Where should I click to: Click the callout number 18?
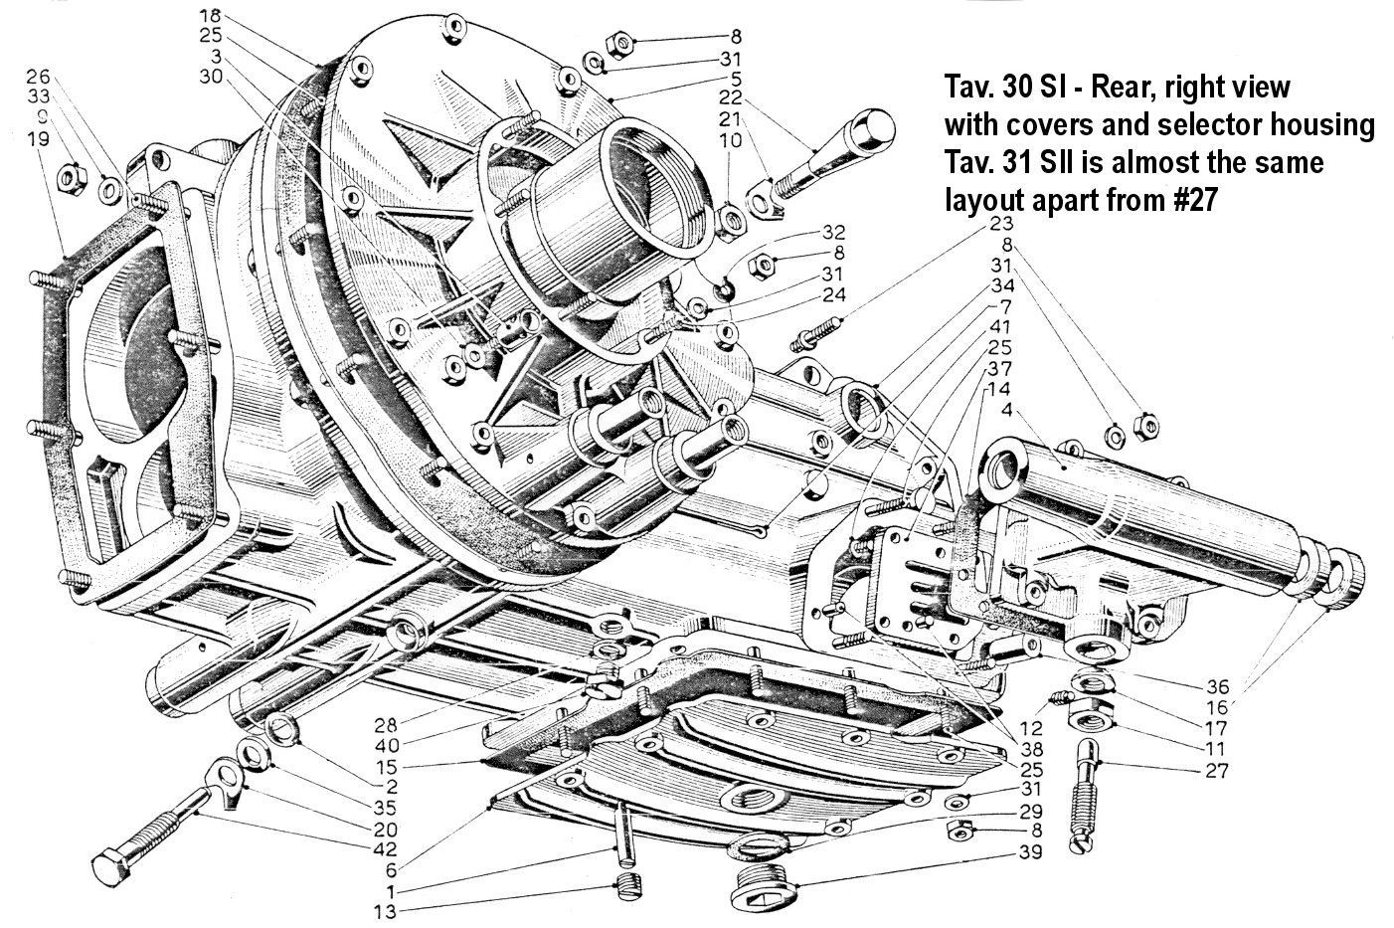211,15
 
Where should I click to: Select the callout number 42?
385,849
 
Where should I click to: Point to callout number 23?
1002,223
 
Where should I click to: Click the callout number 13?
385,912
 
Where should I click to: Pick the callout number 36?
1218,686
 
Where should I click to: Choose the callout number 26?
38,77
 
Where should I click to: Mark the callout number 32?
834,232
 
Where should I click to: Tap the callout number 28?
386,725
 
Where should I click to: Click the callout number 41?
1000,327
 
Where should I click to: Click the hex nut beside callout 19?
73,179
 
